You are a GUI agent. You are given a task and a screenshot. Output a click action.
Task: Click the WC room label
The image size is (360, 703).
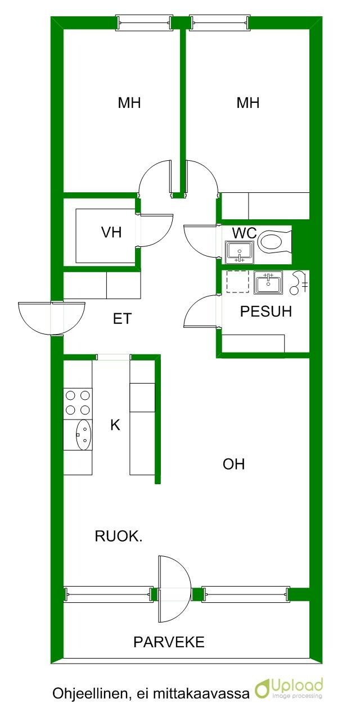pos(244,233)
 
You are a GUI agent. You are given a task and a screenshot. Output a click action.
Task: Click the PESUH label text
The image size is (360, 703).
pos(266,312)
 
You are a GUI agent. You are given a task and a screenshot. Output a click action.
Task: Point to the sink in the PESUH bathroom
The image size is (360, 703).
pos(268,282)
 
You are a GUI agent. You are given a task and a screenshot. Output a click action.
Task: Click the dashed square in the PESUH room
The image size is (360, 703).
pos(237,282)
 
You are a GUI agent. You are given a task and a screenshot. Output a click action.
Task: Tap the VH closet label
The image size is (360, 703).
pos(111,233)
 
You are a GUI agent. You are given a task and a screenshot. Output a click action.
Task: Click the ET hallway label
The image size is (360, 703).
pos(122,319)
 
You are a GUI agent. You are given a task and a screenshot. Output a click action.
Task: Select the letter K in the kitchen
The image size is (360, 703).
pos(115,425)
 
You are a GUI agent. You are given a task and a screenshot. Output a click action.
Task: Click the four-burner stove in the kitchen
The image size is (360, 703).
pos(78,403)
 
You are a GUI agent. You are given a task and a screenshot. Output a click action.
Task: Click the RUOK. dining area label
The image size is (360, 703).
pos(119,537)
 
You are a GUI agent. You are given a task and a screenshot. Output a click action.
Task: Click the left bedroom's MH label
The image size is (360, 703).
pos(129,103)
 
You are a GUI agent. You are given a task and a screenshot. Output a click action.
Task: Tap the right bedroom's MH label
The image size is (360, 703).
pos(248,103)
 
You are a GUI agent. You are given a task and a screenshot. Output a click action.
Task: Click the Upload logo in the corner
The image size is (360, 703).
pos(289,688)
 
